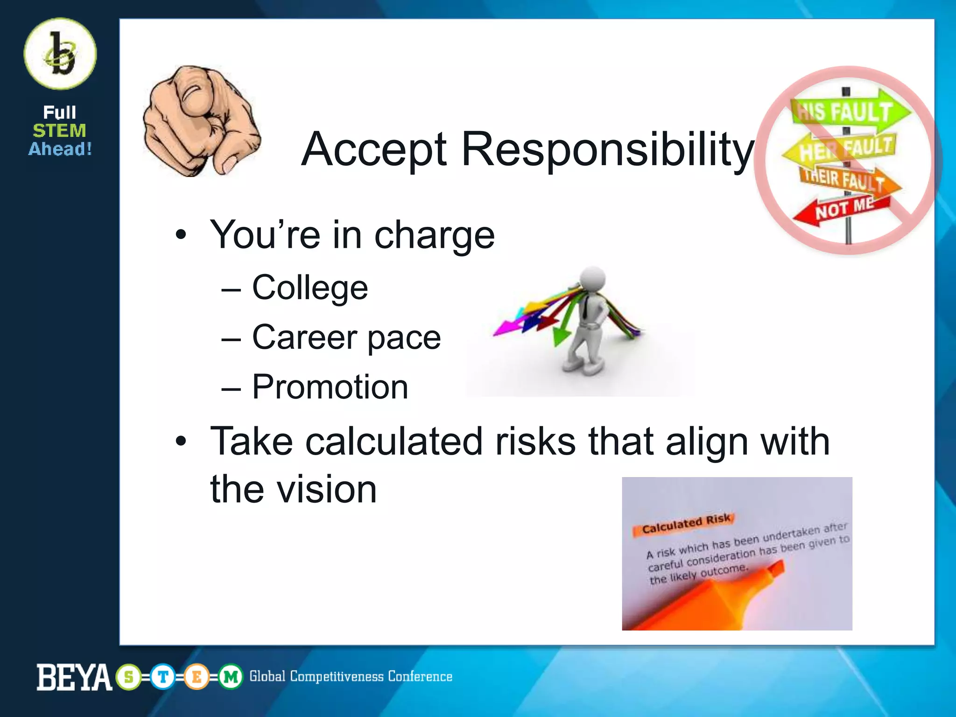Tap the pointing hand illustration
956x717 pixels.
click(201, 121)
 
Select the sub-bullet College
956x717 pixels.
click(309, 288)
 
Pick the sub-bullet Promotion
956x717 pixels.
click(330, 387)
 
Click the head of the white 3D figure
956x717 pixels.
click(592, 279)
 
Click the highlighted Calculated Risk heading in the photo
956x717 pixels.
click(685, 524)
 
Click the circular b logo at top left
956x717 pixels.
click(60, 54)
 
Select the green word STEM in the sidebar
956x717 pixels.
click(59, 131)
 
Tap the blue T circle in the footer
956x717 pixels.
click(163, 677)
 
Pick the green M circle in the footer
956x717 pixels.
click(231, 677)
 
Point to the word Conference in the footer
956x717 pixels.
click(420, 677)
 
